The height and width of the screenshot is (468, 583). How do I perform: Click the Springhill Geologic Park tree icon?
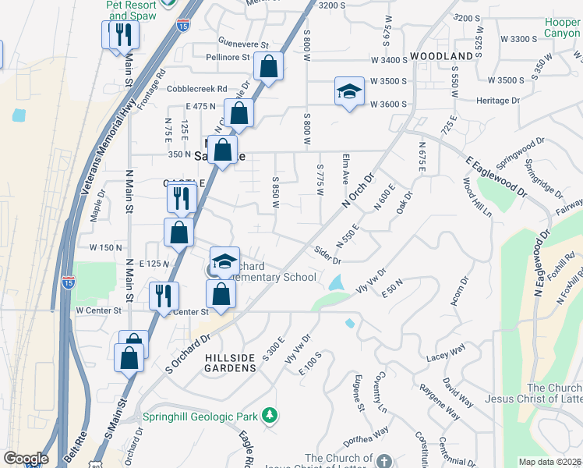[x=270, y=414]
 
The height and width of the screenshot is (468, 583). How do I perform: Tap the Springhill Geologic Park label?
[x=202, y=416]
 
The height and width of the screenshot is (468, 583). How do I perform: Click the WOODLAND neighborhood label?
[x=442, y=56]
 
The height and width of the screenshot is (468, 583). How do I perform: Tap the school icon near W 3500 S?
[x=350, y=91]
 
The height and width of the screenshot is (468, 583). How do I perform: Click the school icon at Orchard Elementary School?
[x=224, y=261]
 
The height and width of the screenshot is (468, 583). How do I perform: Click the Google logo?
[x=25, y=458]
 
